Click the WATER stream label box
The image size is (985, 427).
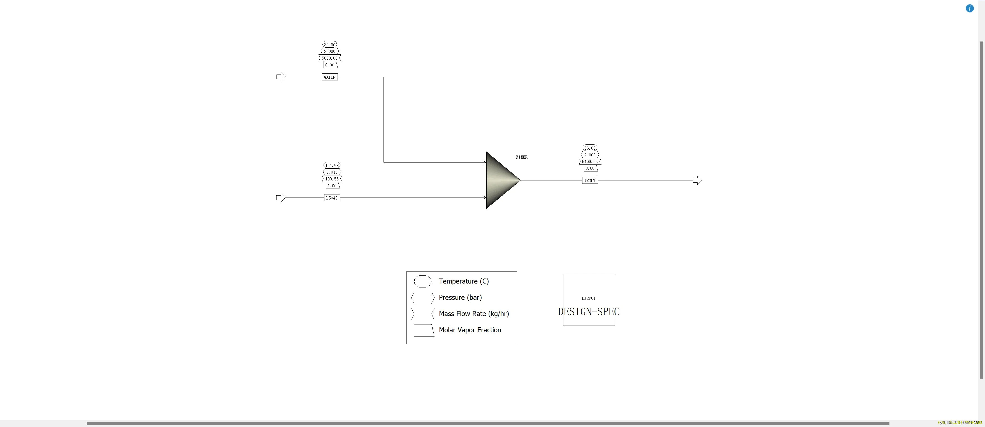point(330,77)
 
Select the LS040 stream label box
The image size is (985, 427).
point(332,198)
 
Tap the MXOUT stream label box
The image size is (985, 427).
point(590,180)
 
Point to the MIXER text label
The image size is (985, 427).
point(522,157)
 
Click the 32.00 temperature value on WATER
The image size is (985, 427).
point(330,45)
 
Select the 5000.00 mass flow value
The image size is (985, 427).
point(330,58)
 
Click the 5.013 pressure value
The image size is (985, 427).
point(332,172)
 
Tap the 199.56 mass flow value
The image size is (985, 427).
point(332,179)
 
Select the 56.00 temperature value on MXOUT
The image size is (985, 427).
point(590,148)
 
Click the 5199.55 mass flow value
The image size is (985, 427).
point(590,162)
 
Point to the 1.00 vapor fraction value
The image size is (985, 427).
point(332,186)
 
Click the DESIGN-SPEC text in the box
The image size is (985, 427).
point(589,312)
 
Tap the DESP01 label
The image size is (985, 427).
point(589,298)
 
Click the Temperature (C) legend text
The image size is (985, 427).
point(463,281)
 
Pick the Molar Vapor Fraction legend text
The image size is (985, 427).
point(470,330)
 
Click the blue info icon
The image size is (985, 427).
point(970,8)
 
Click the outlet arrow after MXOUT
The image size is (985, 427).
point(697,180)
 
